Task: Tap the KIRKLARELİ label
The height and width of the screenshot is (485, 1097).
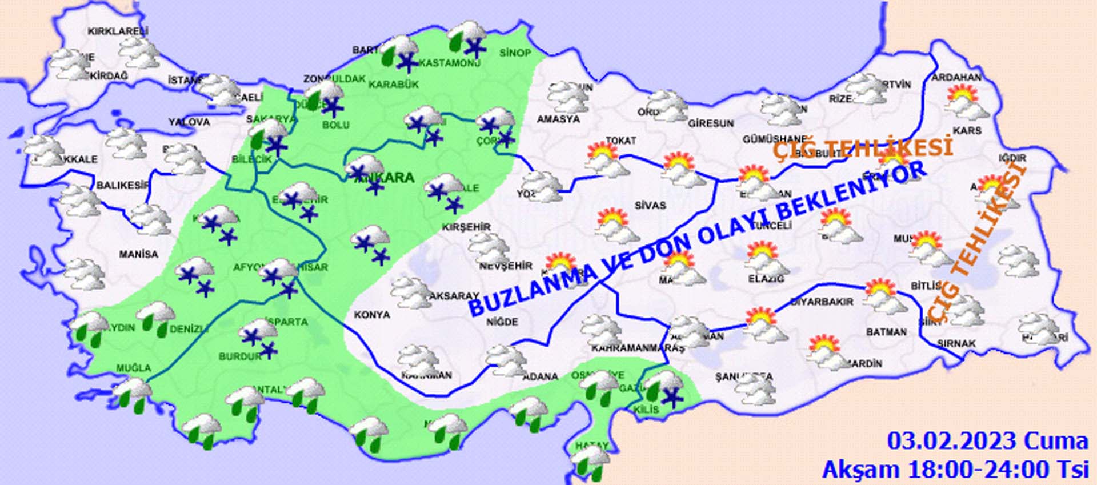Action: coord(118,31)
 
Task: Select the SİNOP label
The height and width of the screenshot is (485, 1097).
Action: coord(515,53)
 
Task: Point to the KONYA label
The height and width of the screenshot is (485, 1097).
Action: coord(371,315)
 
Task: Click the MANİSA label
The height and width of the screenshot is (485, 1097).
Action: coord(138,254)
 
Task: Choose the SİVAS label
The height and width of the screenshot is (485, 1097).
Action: coord(650,205)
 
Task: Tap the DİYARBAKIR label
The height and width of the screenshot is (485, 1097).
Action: coord(822,302)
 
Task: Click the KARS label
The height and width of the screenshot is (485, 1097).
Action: coord(967,131)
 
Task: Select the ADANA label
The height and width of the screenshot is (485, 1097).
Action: coord(540,376)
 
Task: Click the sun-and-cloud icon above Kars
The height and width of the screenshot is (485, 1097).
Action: coord(967,101)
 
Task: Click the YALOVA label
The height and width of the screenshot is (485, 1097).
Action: coord(189,122)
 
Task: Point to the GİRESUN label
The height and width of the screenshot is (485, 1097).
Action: coord(711,123)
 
